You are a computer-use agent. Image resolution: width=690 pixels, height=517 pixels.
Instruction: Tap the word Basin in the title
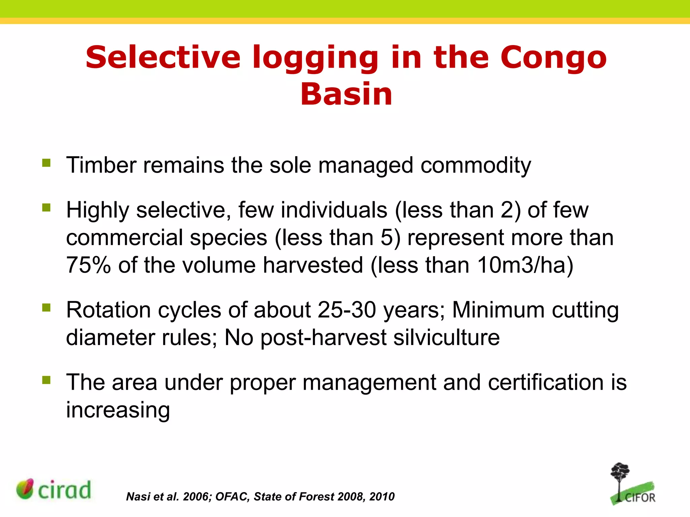pyautogui.click(x=346, y=94)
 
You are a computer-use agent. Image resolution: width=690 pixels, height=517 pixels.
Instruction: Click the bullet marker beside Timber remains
pyautogui.click(x=46, y=163)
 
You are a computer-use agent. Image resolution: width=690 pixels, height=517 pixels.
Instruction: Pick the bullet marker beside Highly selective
pyautogui.click(x=46, y=207)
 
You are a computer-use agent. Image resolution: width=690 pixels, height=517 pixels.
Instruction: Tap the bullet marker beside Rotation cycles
pyautogui.click(x=46, y=307)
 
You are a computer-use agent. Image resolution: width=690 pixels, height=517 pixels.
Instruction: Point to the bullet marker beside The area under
pyautogui.click(x=46, y=380)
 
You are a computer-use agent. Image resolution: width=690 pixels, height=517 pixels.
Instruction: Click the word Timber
pyautogui.click(x=101, y=165)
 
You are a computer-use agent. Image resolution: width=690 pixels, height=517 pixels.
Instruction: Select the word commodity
pyautogui.click(x=475, y=166)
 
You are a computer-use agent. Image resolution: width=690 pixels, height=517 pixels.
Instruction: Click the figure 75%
pyautogui.click(x=88, y=265)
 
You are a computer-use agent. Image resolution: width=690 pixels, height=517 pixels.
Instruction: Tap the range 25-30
pyautogui.click(x=347, y=310)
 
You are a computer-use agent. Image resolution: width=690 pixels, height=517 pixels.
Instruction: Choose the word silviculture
pyautogui.click(x=446, y=337)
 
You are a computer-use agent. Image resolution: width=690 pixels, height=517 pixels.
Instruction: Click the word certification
pyautogui.click(x=545, y=382)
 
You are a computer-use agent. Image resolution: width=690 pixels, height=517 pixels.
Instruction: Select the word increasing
pyautogui.click(x=118, y=410)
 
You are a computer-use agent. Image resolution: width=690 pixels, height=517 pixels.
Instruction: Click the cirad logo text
pyautogui.click(x=64, y=490)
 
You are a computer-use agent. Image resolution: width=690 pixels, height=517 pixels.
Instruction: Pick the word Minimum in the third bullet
pyautogui.click(x=498, y=310)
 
